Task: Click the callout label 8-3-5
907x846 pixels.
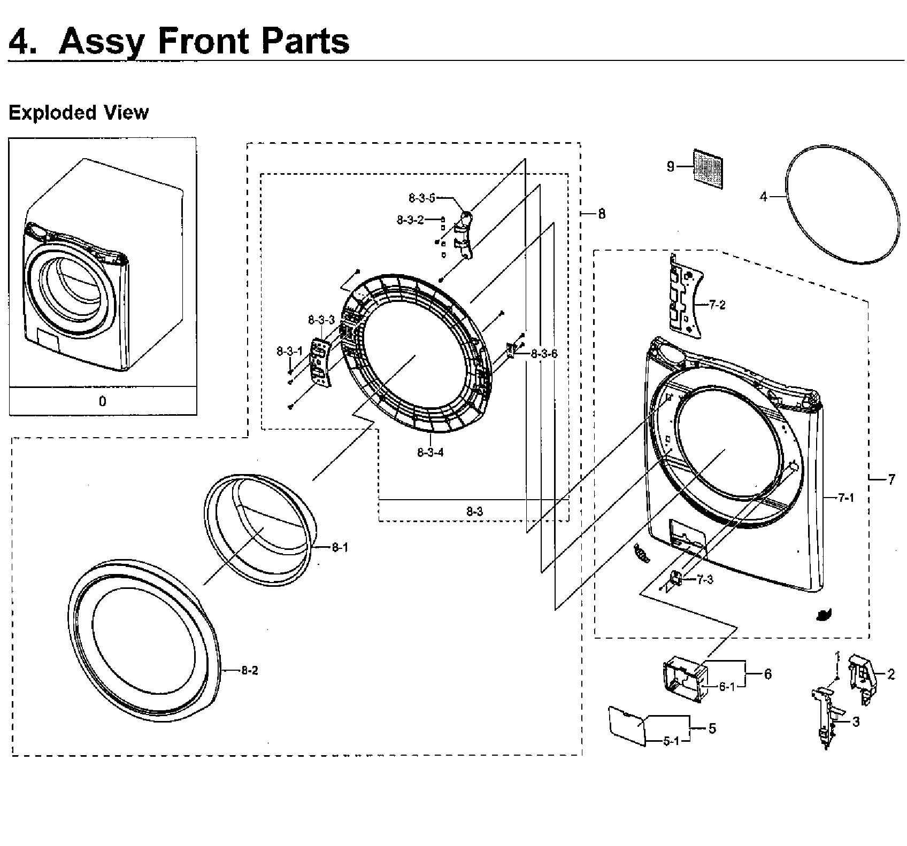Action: click(422, 198)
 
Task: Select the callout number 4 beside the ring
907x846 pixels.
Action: click(764, 197)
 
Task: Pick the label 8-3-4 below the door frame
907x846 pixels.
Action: click(430, 453)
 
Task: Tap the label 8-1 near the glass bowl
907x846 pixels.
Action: click(340, 547)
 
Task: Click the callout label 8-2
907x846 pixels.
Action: click(249, 670)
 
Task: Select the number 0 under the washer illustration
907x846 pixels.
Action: click(103, 401)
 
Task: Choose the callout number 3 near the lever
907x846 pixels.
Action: click(856, 722)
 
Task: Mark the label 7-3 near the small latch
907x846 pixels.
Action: click(705, 580)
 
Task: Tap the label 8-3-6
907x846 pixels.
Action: click(544, 354)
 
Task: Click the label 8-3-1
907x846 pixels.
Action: click(289, 351)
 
